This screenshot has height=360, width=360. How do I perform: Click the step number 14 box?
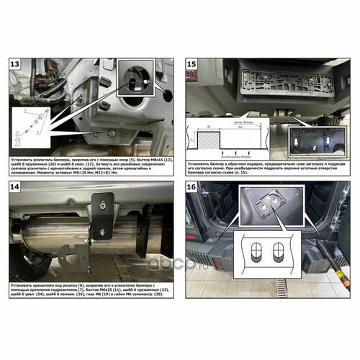pyautogui.click(x=14, y=187)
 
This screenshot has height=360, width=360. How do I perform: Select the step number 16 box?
pyautogui.click(x=192, y=187)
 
